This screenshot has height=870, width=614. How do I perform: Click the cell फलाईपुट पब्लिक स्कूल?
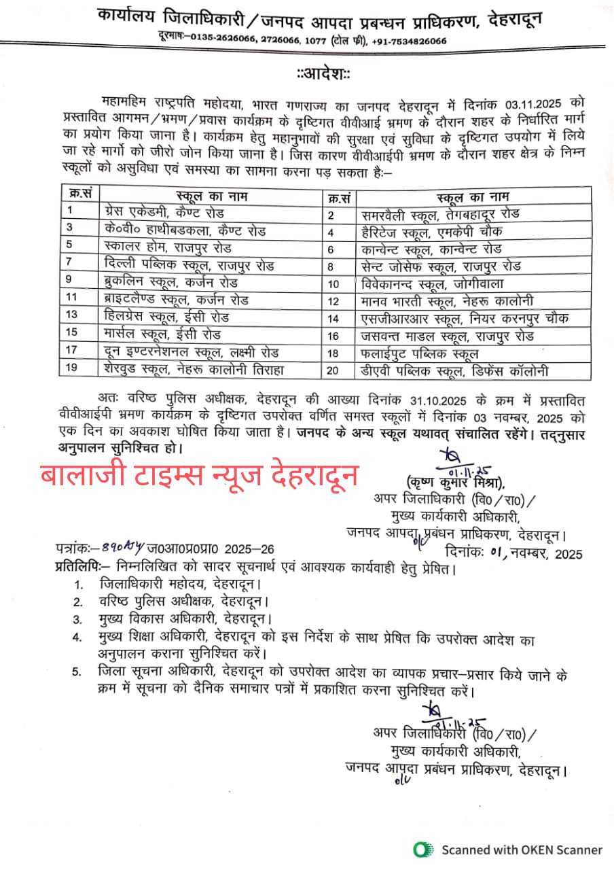[420, 353]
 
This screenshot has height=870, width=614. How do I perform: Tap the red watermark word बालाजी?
[84, 476]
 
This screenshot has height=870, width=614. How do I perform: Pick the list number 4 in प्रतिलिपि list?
[79, 637]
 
